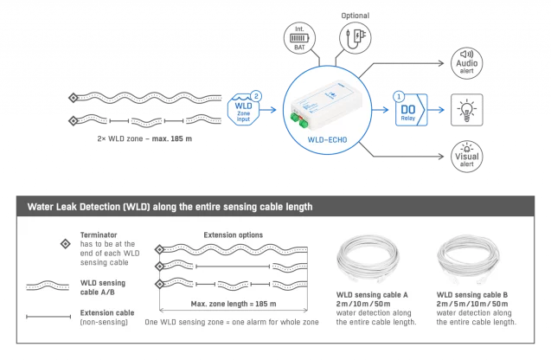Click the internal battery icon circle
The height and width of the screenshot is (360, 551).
[299, 38]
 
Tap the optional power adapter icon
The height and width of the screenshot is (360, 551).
[356, 37]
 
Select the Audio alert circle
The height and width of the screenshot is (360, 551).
[467, 63]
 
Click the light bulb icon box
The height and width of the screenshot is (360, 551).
[467, 110]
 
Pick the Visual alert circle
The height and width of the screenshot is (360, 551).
[467, 157]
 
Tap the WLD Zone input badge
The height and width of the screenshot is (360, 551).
[243, 110]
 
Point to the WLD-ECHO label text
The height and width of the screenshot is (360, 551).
[327, 140]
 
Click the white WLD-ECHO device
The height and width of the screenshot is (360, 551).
[326, 105]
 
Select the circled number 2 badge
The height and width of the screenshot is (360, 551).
[256, 96]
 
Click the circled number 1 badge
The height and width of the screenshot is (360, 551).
[399, 96]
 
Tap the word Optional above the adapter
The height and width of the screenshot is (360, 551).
[356, 16]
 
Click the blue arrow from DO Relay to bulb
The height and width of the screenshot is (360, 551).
[436, 110]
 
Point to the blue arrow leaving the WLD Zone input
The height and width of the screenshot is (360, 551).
[268, 110]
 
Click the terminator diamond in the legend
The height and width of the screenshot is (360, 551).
[66, 244]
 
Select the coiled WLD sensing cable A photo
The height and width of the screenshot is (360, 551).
[368, 260]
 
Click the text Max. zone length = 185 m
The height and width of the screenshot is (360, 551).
[234, 304]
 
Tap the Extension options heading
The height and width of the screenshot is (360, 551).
[234, 235]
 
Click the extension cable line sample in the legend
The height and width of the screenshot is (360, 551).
[48, 317]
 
